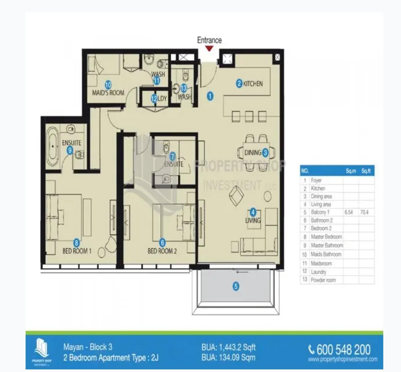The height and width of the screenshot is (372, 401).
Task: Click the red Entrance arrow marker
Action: pos(209,49)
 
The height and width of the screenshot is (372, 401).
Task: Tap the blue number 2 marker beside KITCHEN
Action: pos(239,83)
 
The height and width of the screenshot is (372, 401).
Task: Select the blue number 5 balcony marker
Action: pos(236,286)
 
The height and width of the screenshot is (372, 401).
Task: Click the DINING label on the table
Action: pos(252,153)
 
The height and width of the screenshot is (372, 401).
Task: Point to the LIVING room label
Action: pos(253,220)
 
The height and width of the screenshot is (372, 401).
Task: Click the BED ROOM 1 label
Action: pos(77,251)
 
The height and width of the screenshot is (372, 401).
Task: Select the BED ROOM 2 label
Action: pos(162,251)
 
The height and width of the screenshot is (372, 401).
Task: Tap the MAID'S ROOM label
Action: pos(108,92)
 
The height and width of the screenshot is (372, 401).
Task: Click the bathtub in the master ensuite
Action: pos(53,146)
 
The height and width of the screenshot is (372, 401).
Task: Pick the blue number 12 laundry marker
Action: pos(154,99)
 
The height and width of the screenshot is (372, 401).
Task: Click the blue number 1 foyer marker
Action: pos(210,96)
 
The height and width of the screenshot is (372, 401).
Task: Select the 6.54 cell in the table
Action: pos(349,212)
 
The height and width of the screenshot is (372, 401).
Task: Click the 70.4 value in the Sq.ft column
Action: pos(364,212)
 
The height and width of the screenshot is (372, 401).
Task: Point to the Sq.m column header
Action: pos(351,171)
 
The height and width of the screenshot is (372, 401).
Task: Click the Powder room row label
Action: pos(323,280)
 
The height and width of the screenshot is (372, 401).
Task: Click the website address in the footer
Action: pos(342,360)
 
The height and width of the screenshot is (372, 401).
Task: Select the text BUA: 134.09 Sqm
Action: pos(228,358)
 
